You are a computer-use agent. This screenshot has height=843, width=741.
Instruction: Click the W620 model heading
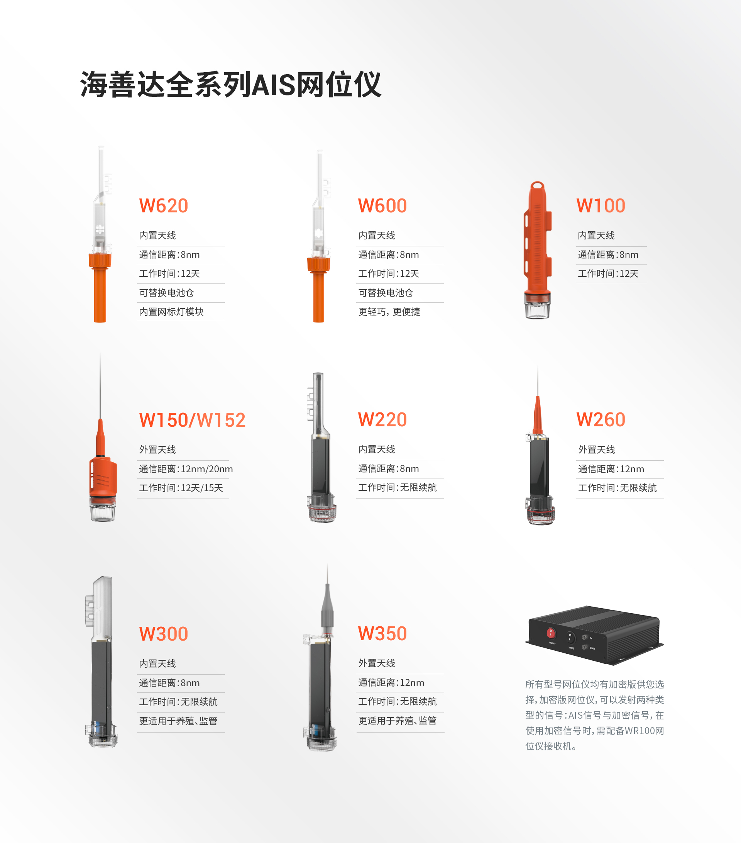click(x=164, y=206)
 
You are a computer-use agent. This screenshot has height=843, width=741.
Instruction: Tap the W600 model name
click(x=382, y=206)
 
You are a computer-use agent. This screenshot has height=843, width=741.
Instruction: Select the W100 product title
click(x=601, y=206)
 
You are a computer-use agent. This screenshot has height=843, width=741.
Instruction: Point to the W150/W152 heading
click(x=192, y=420)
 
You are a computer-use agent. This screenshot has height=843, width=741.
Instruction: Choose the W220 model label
click(x=382, y=420)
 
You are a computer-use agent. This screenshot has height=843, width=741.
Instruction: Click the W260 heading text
click(x=601, y=420)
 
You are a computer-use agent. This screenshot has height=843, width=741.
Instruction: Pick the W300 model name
click(x=164, y=634)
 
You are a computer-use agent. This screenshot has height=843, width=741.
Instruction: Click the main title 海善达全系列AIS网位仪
click(x=231, y=85)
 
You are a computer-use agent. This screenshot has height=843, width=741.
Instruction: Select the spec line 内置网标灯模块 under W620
click(x=171, y=312)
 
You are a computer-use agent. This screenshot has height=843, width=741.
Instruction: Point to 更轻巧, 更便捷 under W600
click(x=389, y=312)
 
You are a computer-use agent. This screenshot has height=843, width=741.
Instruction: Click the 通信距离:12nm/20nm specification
click(x=186, y=469)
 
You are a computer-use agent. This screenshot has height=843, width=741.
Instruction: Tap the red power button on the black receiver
click(x=551, y=633)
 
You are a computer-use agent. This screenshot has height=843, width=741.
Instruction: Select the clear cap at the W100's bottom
click(x=537, y=307)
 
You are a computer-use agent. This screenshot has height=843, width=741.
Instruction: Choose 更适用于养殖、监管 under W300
click(x=178, y=721)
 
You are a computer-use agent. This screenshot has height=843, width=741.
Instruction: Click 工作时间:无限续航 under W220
click(x=397, y=487)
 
